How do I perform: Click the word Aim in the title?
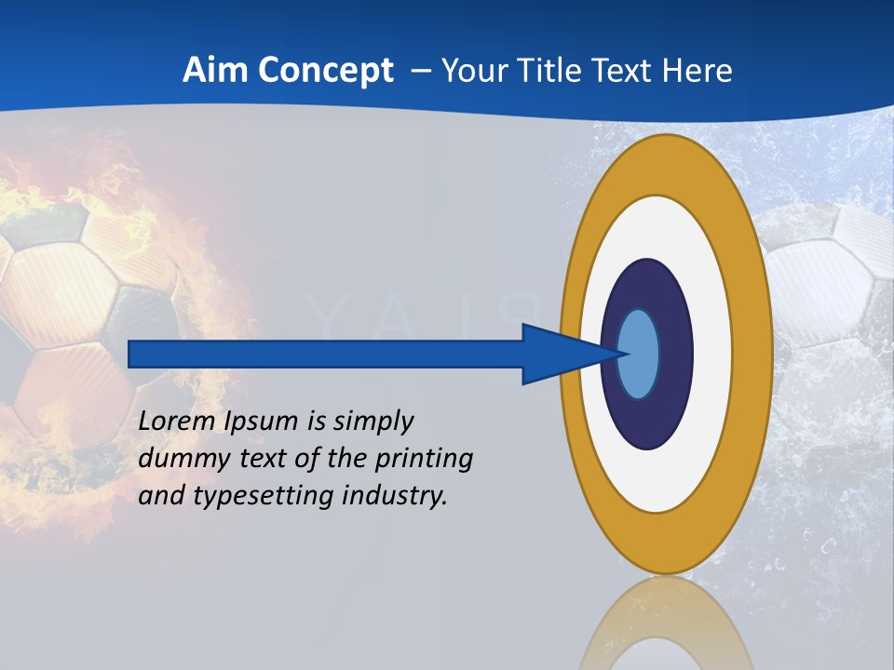[216, 71]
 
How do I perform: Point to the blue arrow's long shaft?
[326, 355]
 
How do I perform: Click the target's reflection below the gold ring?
[666, 623]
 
